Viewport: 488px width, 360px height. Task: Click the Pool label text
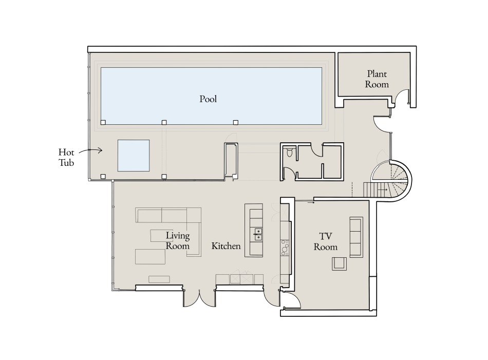tap(208, 99)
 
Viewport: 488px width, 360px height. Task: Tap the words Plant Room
tap(377, 79)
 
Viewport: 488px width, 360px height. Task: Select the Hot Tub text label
tap(66, 157)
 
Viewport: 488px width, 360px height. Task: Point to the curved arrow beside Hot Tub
tap(94, 150)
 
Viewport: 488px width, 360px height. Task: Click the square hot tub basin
tap(134, 155)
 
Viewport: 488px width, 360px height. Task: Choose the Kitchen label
tap(226, 246)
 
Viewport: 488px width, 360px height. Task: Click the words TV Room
tap(326, 241)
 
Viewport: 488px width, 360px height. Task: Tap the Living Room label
tap(178, 241)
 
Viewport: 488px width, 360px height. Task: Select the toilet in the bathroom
tap(290, 152)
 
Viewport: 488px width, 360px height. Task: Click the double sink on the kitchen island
tap(257, 234)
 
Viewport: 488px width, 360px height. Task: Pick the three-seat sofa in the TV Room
tap(355, 237)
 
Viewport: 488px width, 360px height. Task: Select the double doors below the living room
tap(198, 298)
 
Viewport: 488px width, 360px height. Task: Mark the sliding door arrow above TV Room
tap(311, 202)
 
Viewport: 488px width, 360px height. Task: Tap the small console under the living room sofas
tap(159, 279)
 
